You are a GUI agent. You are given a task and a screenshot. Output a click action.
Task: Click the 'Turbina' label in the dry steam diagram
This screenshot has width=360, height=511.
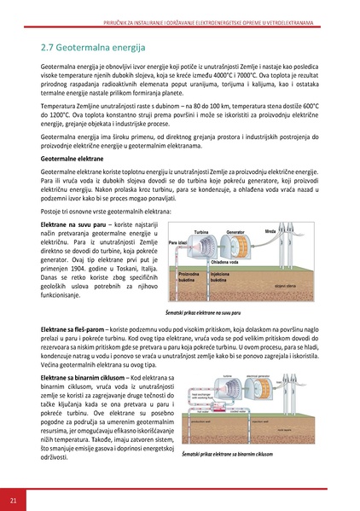(202, 232)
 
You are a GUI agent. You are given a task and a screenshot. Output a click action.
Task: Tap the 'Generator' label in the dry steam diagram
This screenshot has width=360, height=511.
(237, 232)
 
